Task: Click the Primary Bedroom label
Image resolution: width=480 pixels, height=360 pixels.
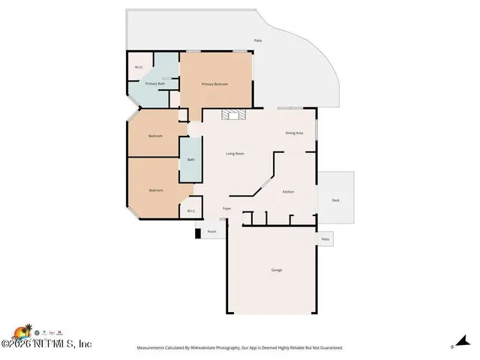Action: (214, 84)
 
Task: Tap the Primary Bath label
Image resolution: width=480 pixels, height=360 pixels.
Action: (155, 84)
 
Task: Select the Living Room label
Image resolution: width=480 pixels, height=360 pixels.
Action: (235, 154)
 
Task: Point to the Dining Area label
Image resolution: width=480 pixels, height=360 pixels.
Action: (294, 133)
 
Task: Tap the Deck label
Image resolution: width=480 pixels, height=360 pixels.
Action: (335, 200)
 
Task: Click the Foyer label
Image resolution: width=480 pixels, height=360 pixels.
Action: (226, 208)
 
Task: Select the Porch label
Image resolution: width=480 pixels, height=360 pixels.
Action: (212, 232)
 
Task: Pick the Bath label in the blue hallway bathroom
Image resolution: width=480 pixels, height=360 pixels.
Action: (190, 159)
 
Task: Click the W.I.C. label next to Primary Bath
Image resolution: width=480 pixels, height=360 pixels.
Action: (139, 67)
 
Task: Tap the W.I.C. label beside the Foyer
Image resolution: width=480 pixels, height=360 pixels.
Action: (190, 211)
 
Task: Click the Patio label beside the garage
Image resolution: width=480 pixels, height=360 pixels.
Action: (325, 239)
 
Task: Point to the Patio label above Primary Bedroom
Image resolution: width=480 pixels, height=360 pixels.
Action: (257, 40)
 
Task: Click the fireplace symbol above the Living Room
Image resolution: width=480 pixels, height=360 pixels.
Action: (231, 115)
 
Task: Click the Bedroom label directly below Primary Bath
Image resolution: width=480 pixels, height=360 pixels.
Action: (155, 136)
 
